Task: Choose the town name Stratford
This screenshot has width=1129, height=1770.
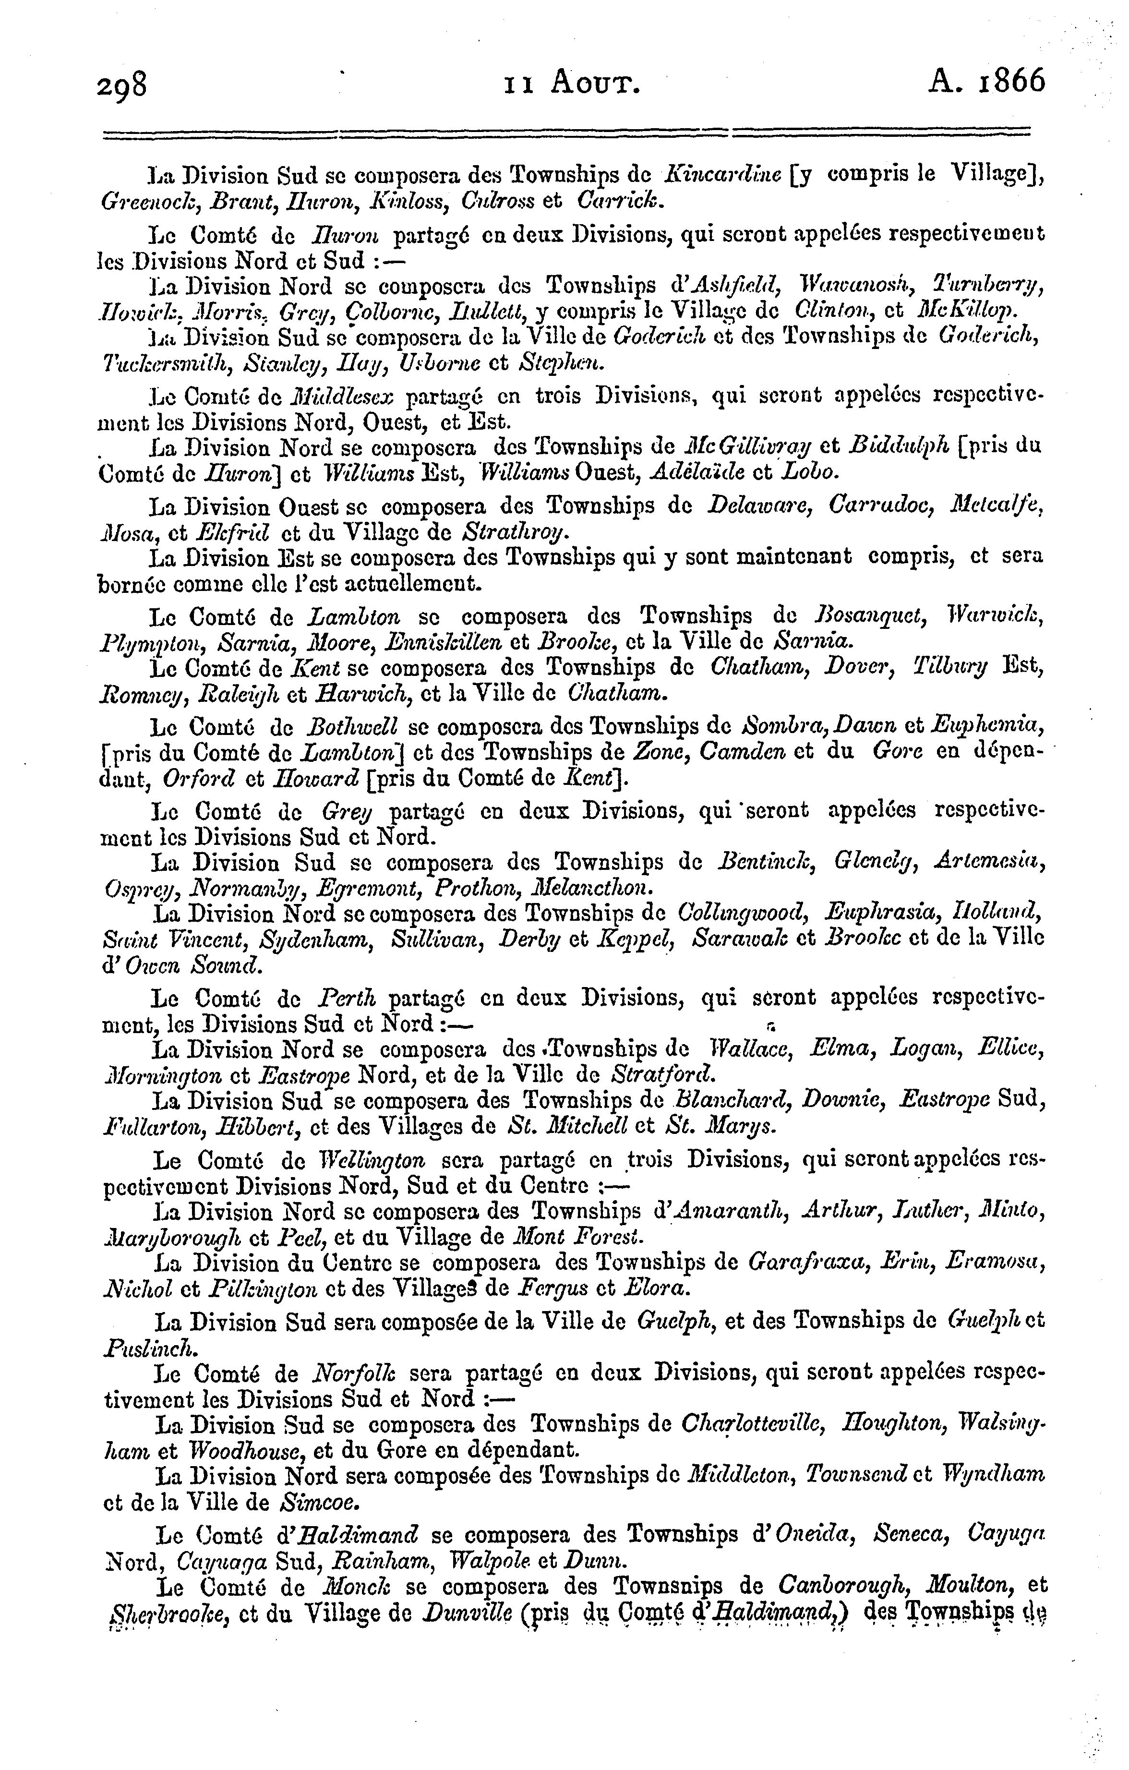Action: tap(662, 1075)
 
